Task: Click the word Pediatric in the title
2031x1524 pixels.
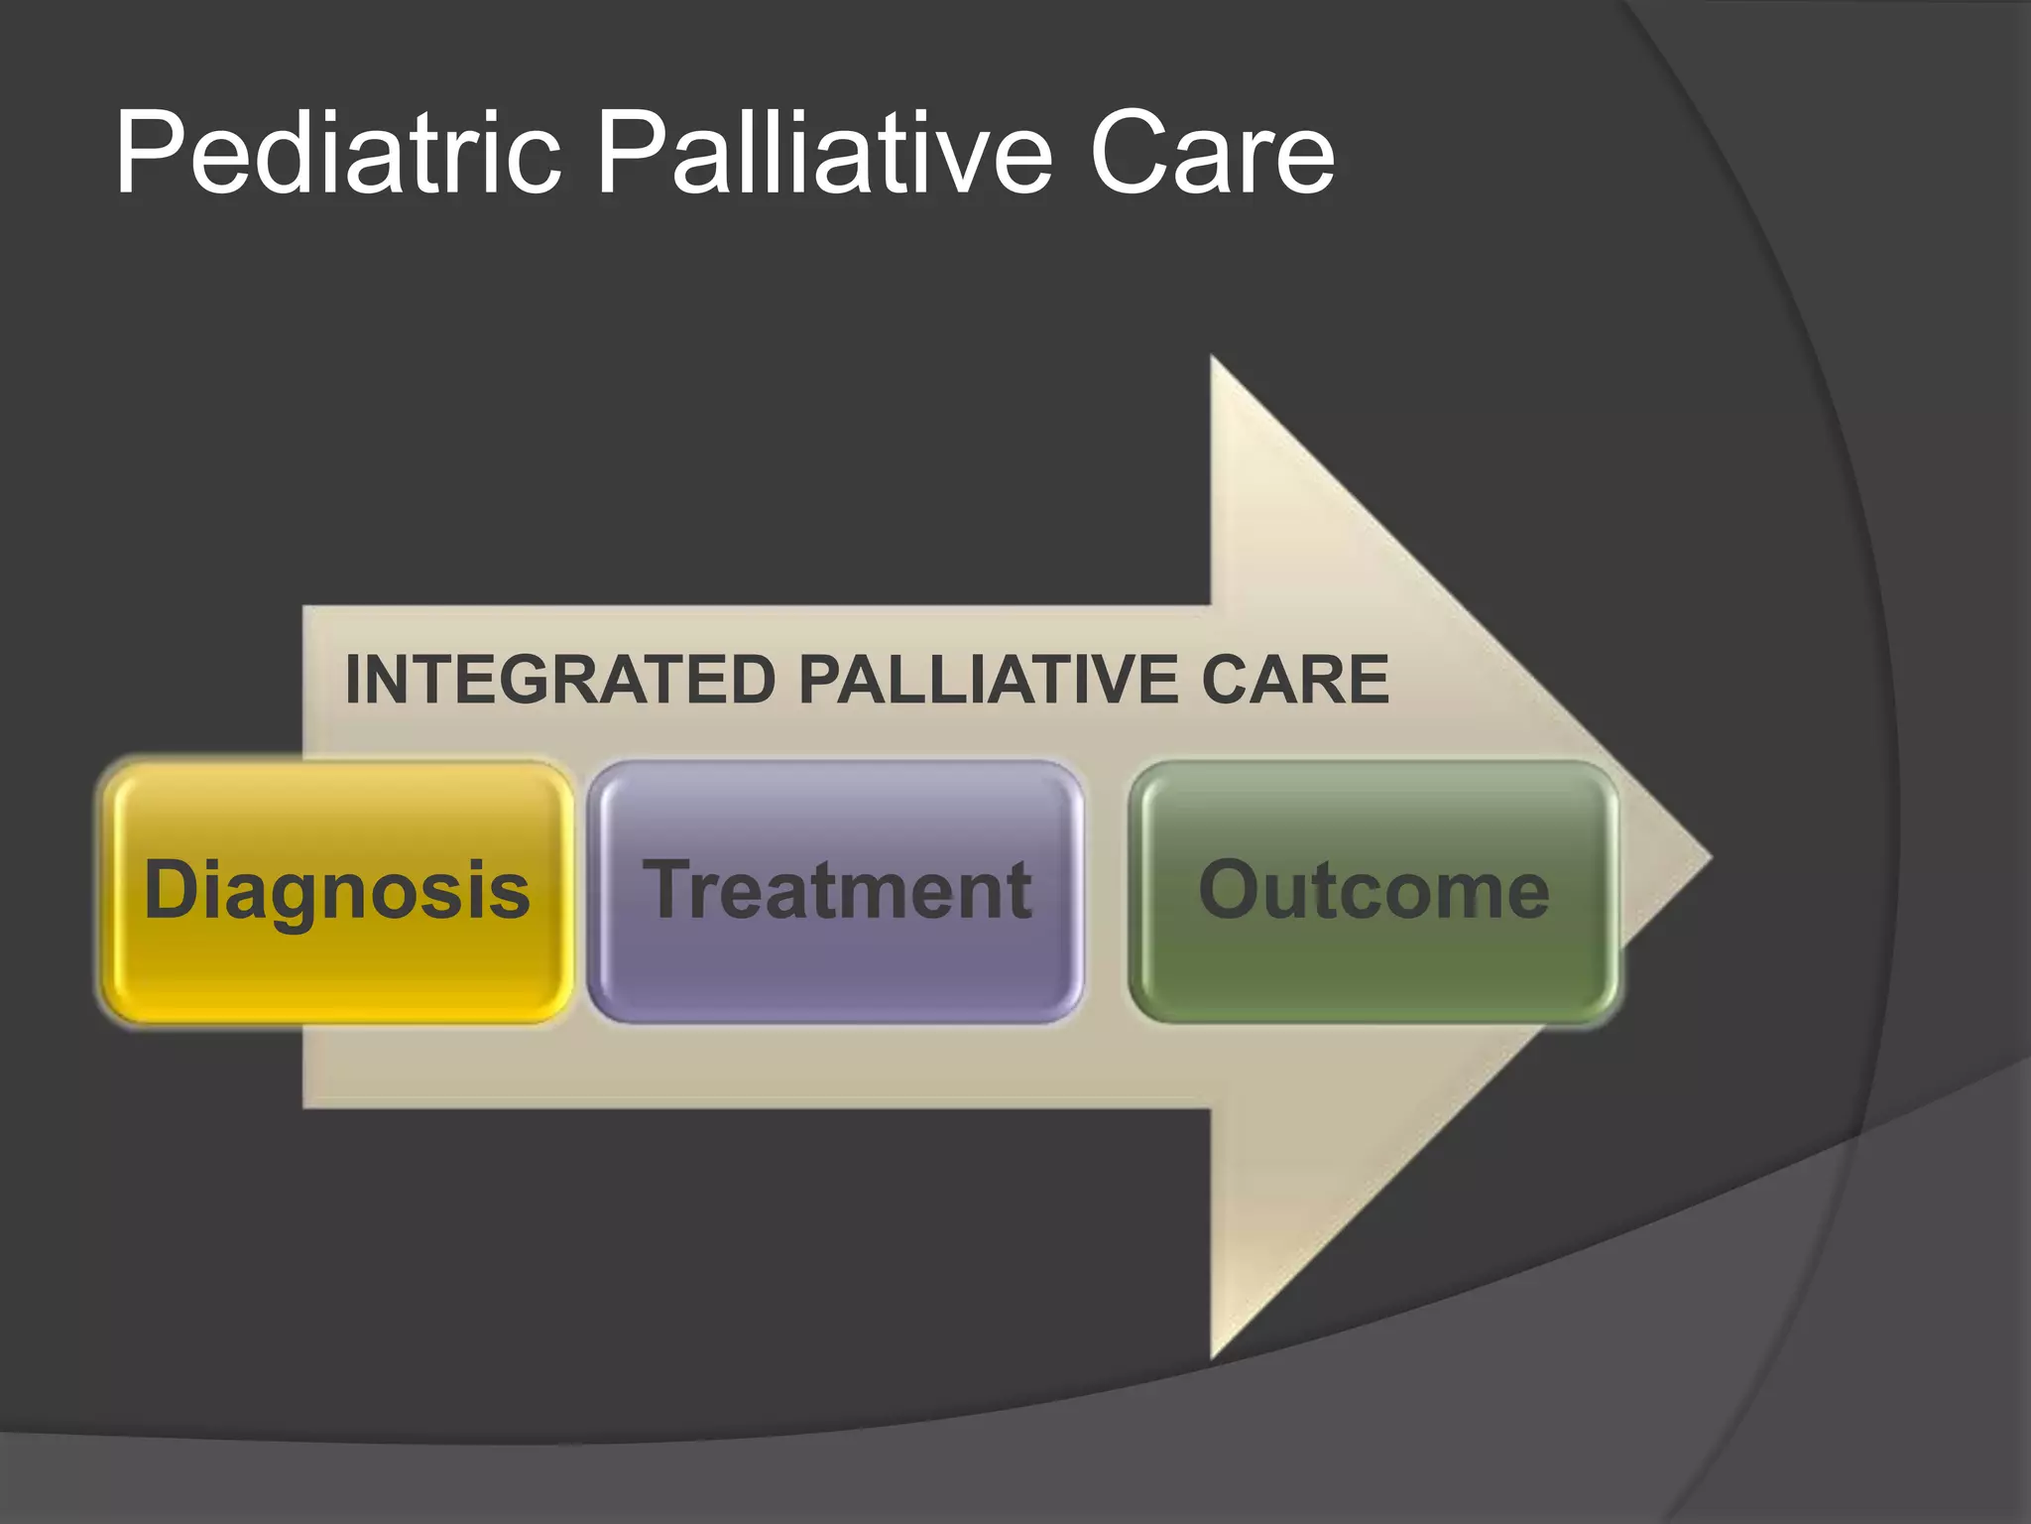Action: click(338, 154)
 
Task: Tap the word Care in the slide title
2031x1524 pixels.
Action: click(1212, 154)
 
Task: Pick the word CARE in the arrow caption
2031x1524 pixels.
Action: click(1295, 681)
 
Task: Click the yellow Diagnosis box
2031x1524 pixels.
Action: click(337, 967)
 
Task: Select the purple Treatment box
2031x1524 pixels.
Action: click(835, 967)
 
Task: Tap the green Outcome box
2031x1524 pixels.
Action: click(1374, 967)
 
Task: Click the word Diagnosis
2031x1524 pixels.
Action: click(337, 891)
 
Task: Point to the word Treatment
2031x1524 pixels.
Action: click(838, 890)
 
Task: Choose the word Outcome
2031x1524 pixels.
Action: click(1374, 890)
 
